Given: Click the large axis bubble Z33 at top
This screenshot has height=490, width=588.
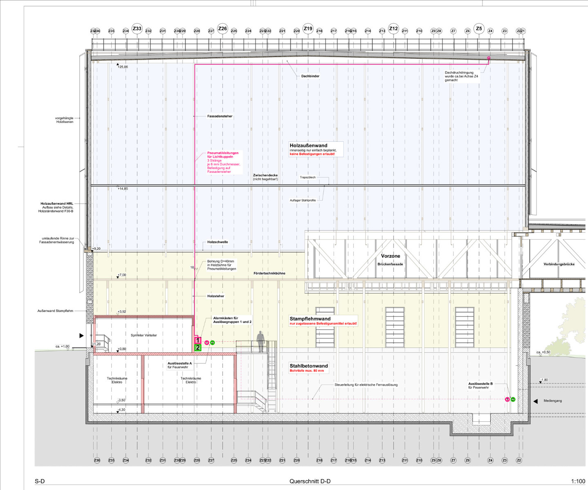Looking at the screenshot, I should (x=137, y=29).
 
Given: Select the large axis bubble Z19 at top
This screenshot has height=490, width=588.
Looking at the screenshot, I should (x=308, y=29).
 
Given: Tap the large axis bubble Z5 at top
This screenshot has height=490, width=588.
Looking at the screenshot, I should (x=479, y=29).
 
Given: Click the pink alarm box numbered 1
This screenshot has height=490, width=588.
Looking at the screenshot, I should (x=198, y=340).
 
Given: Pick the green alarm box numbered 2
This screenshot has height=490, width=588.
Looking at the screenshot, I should (x=198, y=348).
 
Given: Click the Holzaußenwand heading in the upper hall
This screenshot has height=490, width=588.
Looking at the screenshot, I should (x=308, y=145).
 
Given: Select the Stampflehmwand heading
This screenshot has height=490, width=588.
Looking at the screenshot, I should (x=310, y=318).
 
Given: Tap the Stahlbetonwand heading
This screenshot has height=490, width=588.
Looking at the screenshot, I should (x=309, y=366).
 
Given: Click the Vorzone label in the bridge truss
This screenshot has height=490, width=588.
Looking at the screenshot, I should (x=391, y=256).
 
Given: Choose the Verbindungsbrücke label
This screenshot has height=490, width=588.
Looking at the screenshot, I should (x=559, y=264).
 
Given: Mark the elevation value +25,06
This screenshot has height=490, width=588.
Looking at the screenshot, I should (x=123, y=67).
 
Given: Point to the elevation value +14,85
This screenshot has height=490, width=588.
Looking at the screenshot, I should (x=123, y=189).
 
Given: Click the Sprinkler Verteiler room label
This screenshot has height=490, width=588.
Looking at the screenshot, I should (x=144, y=335).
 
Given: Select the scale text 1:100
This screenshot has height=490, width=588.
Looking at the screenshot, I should (x=578, y=481).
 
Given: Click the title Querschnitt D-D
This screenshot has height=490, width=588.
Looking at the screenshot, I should (x=310, y=481).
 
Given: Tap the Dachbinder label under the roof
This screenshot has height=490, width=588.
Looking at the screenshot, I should (x=310, y=76).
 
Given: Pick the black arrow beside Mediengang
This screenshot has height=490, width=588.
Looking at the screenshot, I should (x=535, y=401).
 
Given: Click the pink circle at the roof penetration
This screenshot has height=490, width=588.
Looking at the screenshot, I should (x=488, y=58).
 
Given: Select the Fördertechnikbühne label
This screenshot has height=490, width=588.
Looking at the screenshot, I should (x=269, y=273).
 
